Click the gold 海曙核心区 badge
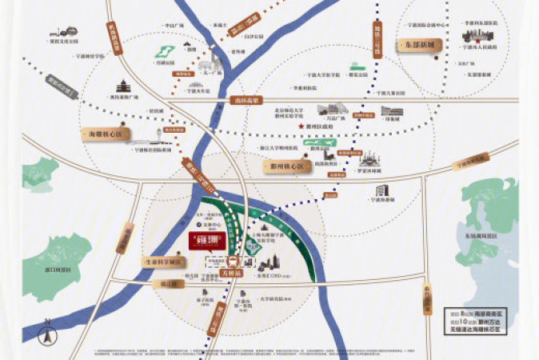pyautogui.click(x=102, y=135)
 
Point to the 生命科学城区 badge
pyautogui.click(x=160, y=261)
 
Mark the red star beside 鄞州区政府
pyautogui.click(x=301, y=126)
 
